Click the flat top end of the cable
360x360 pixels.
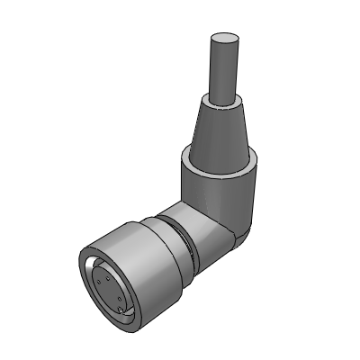pos(224,40)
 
